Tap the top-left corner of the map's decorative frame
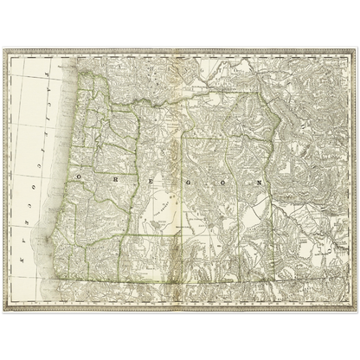click(5, 50)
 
